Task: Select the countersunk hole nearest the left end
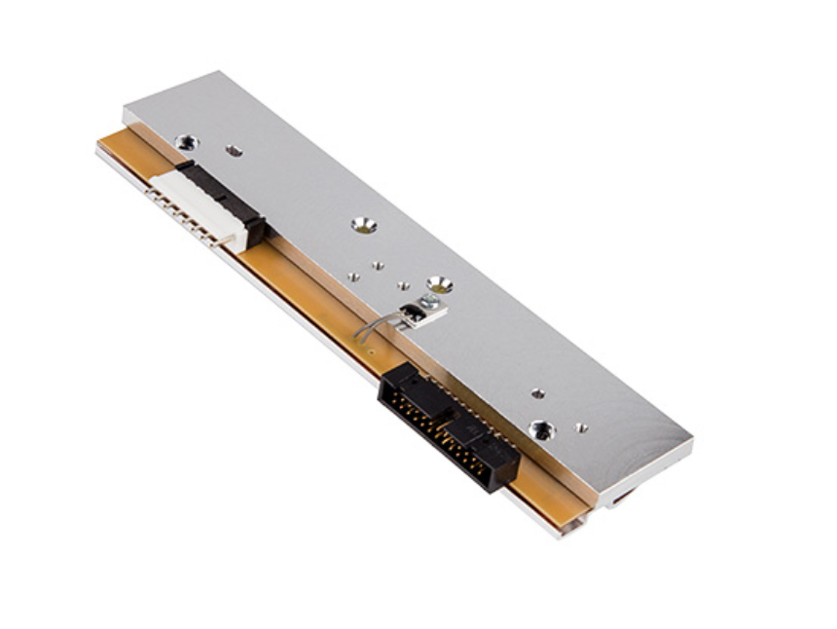click(185, 142)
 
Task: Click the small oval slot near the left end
click(234, 150)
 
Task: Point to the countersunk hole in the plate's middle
click(363, 225)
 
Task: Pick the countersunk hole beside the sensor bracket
click(439, 283)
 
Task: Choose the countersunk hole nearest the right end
click(541, 428)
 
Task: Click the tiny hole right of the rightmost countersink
click(581, 427)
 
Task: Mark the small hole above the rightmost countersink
click(537, 393)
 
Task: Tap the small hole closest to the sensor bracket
click(402, 285)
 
